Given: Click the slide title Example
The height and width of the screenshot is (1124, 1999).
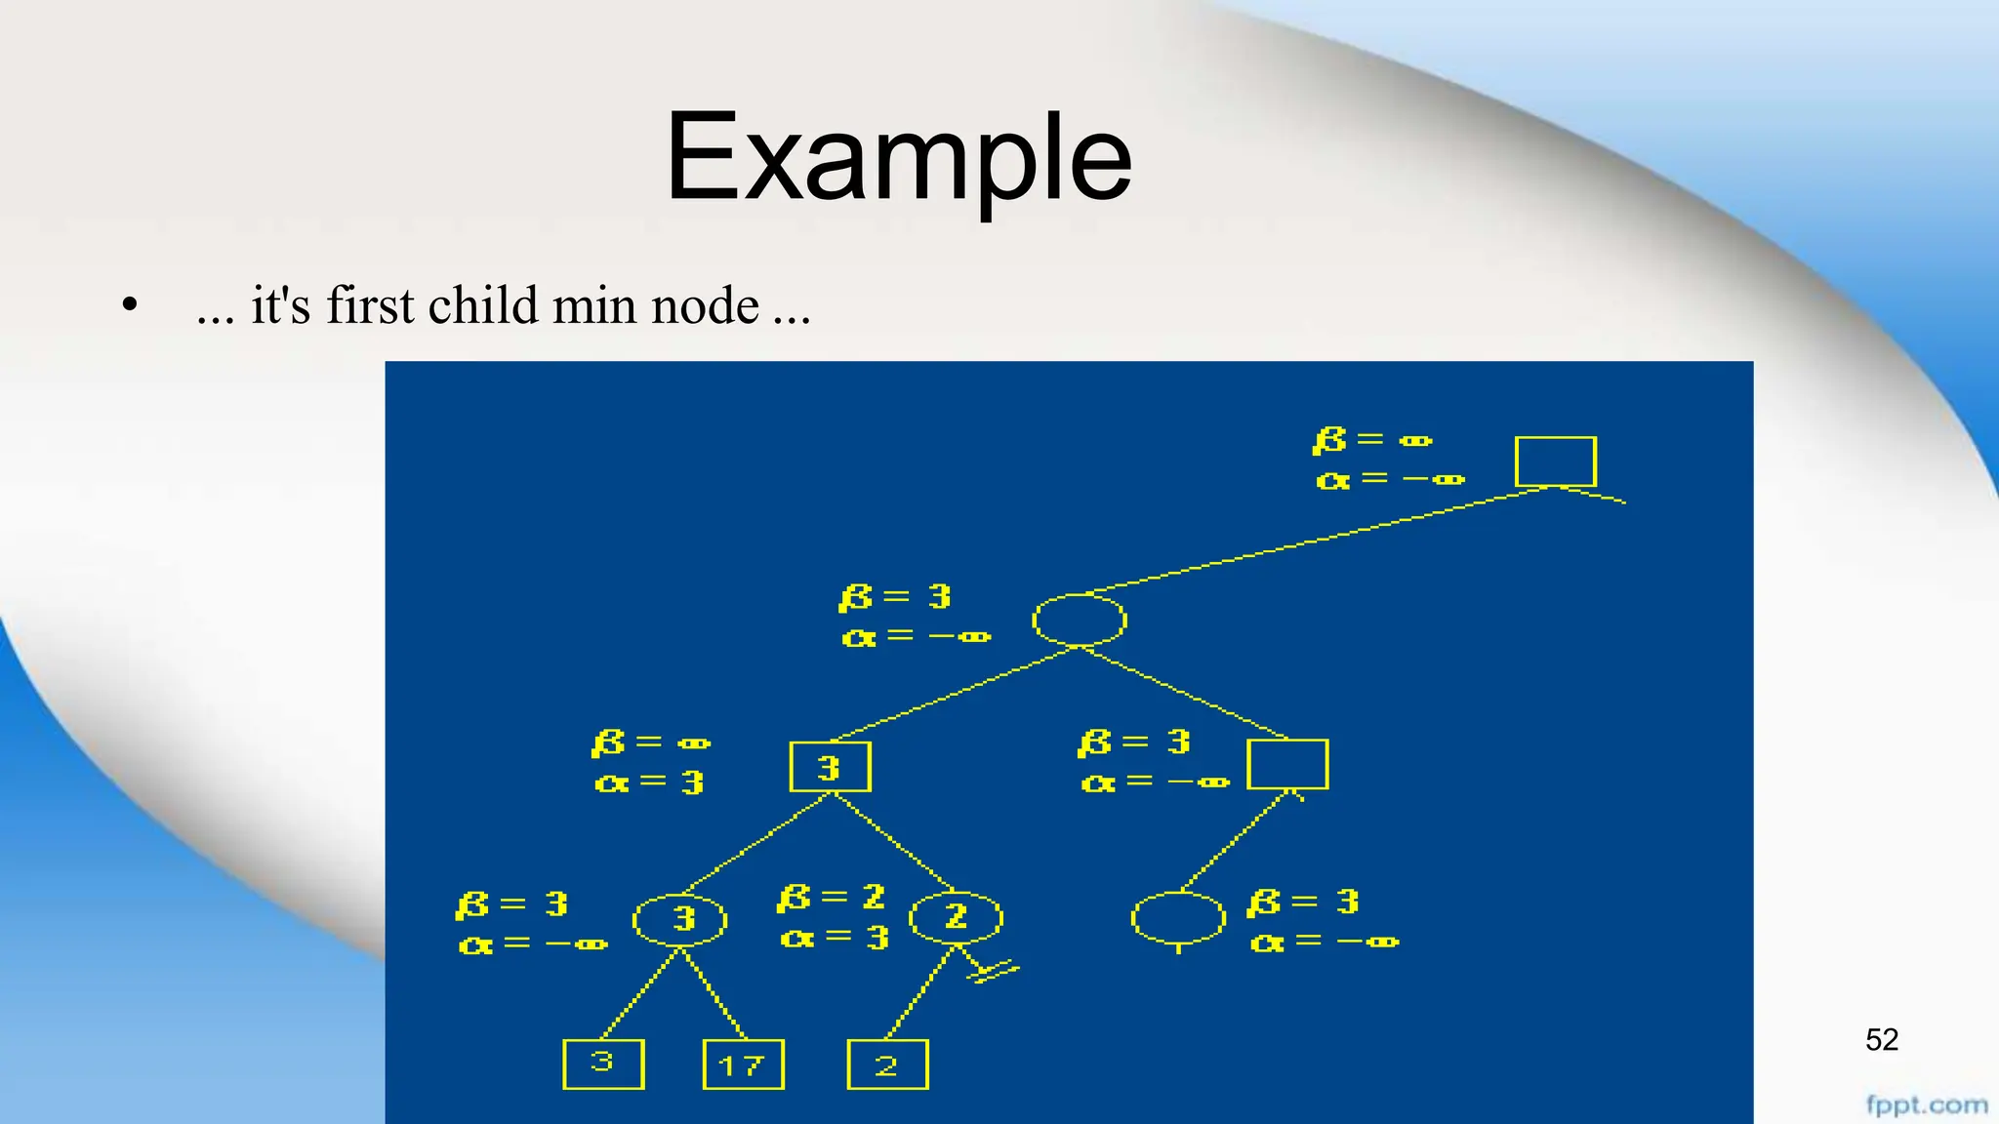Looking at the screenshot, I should pos(898,156).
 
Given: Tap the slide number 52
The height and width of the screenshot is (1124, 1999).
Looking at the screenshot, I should pos(1881,1040).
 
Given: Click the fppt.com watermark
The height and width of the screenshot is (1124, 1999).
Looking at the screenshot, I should pos(1926,1104).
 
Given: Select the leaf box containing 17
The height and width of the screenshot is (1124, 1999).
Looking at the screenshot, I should pos(743,1064).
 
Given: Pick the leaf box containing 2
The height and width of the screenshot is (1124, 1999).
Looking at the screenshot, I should pos(887,1064).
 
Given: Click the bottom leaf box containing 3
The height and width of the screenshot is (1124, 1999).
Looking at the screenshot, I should pos(603,1064).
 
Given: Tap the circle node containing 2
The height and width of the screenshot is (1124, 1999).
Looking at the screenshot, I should pos(956,917).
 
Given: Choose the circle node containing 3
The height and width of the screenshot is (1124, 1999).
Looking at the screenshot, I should pos(680,919).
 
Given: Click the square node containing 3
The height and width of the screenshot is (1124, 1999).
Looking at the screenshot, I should pos(830,767).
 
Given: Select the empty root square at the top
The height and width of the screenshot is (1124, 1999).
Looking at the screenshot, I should pos(1555,461).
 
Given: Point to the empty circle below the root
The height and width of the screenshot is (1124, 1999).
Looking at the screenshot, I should pos(1079,620).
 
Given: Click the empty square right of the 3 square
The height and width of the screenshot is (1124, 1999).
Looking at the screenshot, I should pos(1287,764).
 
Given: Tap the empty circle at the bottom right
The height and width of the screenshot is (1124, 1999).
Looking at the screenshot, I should pos(1178,917).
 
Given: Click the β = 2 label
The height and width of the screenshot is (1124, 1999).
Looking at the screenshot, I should pos(831,898).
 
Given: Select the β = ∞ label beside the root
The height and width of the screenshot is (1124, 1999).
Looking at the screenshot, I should pos(1372,440).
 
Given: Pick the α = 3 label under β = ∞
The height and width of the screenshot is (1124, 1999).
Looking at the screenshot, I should pos(649,783).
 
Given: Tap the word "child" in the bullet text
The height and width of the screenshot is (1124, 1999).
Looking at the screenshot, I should pos(483,305).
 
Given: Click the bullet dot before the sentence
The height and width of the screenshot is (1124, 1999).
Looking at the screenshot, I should pos(130,306).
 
